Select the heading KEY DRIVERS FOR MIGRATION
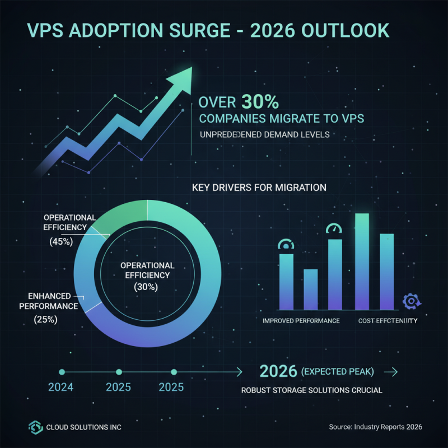pos(259,188)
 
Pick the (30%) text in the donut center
pos(146,287)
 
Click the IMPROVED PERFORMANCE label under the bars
pos(301,321)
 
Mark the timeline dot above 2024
pos(62,371)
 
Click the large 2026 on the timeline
pos(279,371)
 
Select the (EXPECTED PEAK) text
pos(337,372)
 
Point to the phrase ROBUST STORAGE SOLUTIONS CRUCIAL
pos(311,390)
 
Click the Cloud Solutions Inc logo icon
pos(35,427)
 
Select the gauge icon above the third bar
pos(335,229)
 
